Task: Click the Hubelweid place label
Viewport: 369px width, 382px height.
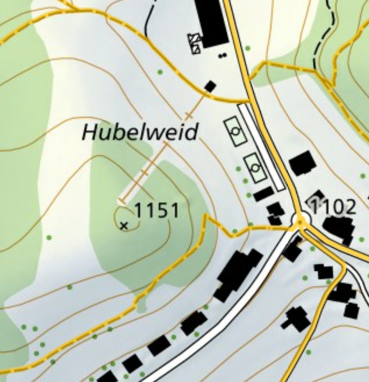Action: coord(140,132)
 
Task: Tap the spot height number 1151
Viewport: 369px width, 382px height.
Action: coord(156,211)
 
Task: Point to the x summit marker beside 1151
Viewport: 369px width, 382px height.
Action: coord(124,226)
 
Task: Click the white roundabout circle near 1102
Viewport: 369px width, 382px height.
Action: coord(300,218)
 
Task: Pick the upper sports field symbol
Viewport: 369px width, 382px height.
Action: coord(236,131)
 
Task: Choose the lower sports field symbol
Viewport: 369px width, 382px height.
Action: coord(255,168)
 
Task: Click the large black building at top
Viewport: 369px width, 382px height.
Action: coord(211,22)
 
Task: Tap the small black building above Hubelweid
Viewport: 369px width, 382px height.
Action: coord(210,86)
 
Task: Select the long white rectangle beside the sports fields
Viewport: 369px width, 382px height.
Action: coord(261,147)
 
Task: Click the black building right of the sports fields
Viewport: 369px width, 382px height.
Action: coord(302,163)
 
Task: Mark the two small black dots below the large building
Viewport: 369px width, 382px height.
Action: coord(223,55)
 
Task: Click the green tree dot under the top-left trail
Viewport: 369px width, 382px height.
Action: coord(160,72)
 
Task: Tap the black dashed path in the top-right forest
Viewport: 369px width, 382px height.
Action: coord(324,37)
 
